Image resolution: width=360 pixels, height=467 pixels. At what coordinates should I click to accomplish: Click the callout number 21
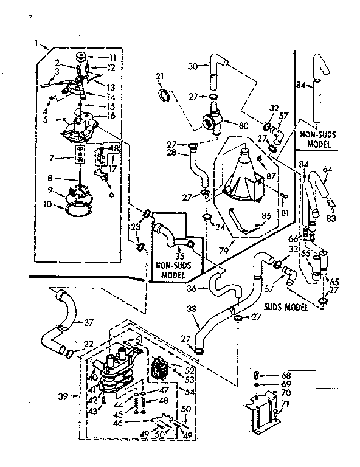tap(160, 75)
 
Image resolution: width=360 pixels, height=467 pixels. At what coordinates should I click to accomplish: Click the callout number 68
tap(286, 375)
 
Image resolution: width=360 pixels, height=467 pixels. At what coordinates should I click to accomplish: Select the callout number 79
tap(225, 251)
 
